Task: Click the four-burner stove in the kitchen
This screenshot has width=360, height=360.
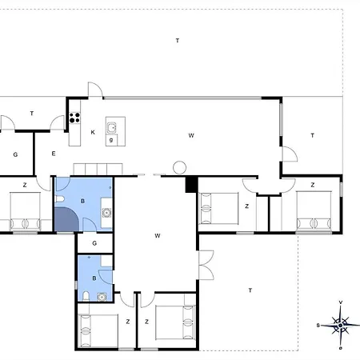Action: (x=74, y=118)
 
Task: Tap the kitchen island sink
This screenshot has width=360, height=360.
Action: (x=111, y=128)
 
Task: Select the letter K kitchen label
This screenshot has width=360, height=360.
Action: (x=93, y=132)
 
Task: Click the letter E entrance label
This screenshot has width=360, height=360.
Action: (x=54, y=154)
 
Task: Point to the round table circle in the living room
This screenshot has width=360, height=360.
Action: (x=179, y=168)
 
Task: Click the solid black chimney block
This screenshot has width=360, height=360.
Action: (x=191, y=185)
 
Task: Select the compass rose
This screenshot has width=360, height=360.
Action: (x=341, y=326)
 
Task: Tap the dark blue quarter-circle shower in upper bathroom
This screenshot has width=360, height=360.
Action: (x=66, y=220)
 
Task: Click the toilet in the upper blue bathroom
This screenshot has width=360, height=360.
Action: (x=59, y=199)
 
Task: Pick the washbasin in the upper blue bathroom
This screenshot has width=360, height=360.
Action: (x=106, y=213)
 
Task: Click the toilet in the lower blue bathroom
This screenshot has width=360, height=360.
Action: (x=86, y=296)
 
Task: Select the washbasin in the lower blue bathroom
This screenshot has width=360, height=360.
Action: (x=102, y=297)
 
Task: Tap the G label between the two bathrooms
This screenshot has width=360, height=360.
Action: (x=94, y=243)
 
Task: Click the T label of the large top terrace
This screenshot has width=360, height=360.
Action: (x=178, y=41)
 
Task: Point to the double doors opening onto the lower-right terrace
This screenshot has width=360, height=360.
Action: (x=206, y=265)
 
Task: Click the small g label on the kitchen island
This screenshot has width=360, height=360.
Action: (x=111, y=140)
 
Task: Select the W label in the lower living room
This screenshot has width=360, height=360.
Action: (x=158, y=236)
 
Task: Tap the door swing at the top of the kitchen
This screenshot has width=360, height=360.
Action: (x=95, y=90)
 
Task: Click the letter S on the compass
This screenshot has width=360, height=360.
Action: (x=318, y=326)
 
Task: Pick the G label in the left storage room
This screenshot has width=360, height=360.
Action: (x=15, y=154)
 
